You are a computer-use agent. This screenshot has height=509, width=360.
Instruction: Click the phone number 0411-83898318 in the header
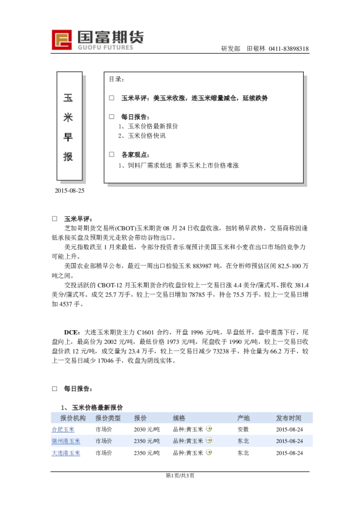(289, 49)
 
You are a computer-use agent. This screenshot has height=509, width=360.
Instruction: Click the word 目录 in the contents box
(116, 79)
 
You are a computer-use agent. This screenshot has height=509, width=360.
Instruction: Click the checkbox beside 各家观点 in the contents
(111, 154)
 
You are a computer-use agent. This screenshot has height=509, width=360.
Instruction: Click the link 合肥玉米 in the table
(63, 429)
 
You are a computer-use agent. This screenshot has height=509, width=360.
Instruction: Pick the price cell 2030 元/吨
(147, 429)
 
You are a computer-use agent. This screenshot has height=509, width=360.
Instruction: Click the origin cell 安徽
(243, 429)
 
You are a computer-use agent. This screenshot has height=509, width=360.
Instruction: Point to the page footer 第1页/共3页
(180, 475)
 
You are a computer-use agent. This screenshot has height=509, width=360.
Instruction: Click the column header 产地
(243, 418)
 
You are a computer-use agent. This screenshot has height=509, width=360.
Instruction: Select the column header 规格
(178, 418)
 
